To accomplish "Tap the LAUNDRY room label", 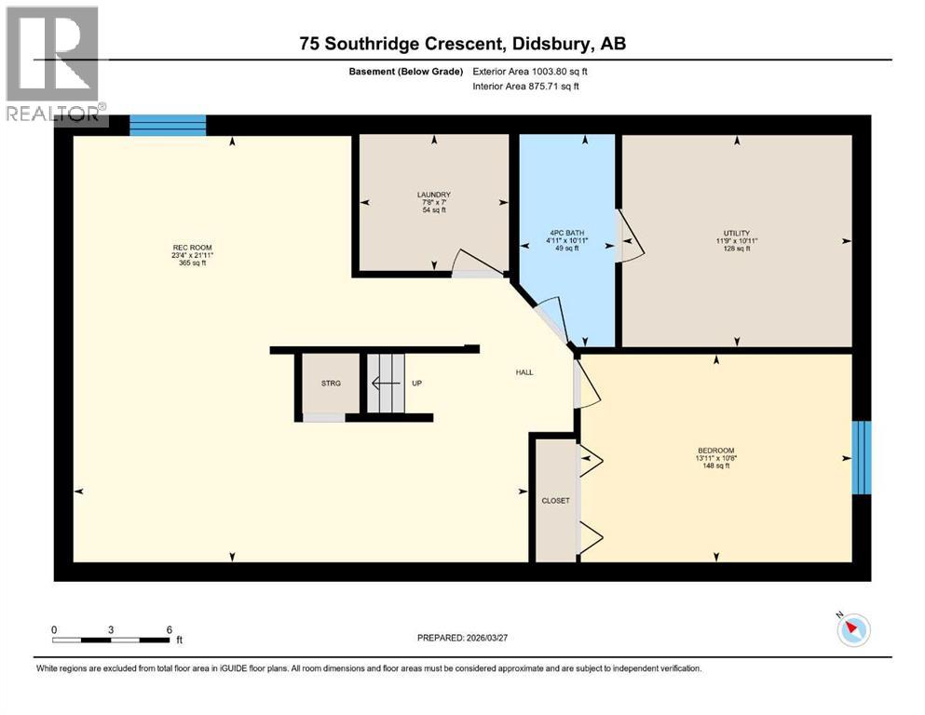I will coord(433,196).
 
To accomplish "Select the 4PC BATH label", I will coord(566,233).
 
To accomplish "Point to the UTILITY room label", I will coord(736,234).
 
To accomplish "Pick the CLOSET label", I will coord(555,501).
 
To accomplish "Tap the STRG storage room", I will coord(330,383).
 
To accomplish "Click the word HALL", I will coord(524,372).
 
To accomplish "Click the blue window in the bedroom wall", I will coord(862,457).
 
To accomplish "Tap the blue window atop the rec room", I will coord(168,126).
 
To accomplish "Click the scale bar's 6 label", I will coord(169,629).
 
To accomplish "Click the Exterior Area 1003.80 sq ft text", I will coord(531,71).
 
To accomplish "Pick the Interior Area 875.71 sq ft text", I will coord(526,87).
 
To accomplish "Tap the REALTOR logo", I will coord(53,65).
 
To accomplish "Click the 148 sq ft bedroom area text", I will coord(714,465).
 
